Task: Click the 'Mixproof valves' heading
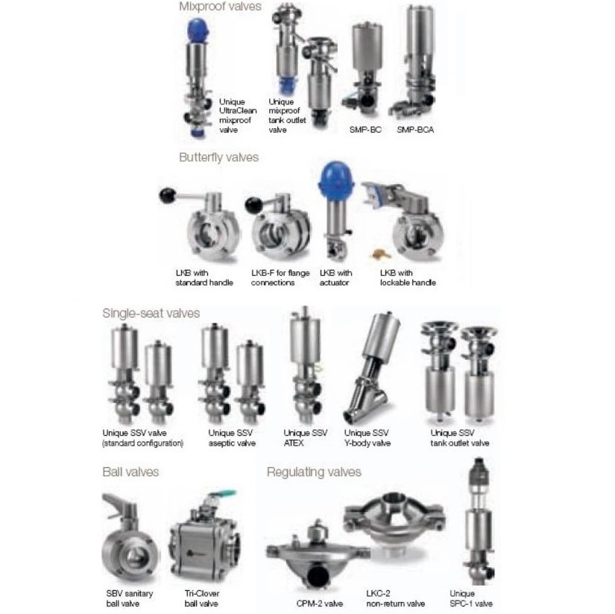220,7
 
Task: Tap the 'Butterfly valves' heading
219,157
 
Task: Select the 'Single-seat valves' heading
151,313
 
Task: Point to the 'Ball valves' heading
130,472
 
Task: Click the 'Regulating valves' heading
314,472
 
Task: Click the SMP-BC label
365,130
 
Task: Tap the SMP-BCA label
415,130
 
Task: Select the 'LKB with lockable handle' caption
408,278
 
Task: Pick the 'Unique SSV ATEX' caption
305,438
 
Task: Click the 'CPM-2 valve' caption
319,604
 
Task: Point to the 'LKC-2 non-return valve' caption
395,598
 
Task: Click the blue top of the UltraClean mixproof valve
198,31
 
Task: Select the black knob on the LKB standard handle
168,195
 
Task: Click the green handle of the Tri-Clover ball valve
223,493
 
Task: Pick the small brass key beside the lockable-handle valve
380,254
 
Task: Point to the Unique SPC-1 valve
479,522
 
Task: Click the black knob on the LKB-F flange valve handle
253,206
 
